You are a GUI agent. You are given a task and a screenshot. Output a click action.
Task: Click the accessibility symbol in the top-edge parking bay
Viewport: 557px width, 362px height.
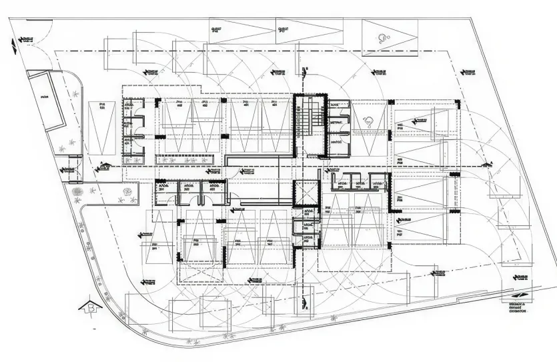(382, 37)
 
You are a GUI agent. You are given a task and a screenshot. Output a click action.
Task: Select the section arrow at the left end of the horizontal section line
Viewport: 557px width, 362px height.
(101, 166)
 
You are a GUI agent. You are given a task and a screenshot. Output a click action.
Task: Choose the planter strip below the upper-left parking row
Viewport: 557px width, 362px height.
(186, 159)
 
